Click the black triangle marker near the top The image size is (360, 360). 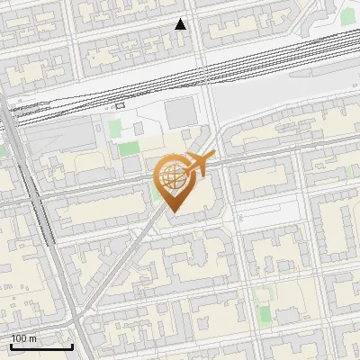pos(181,24)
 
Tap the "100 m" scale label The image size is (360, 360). pos(23,338)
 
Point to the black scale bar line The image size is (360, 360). pos(41,346)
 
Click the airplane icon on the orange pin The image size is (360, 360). pos(199,164)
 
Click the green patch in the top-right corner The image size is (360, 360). pos(347,16)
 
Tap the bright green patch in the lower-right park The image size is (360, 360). pos(264,314)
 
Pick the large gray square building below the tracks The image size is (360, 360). pos(179,112)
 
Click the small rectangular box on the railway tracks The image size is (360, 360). pos(120,104)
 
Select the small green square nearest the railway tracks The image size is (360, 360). pos(114,128)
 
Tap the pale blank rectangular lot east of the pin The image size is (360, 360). pos(265,211)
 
